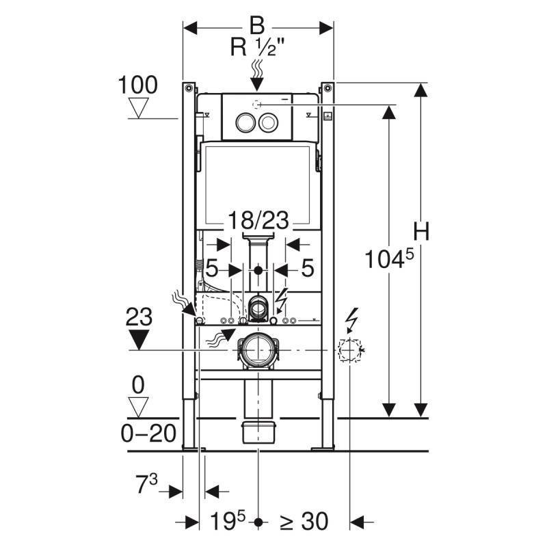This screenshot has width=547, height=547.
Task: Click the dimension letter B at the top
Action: [257, 26]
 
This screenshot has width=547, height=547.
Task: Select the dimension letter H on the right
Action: [422, 232]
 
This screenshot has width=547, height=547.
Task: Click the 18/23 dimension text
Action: [258, 222]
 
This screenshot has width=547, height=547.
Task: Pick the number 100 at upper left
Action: [137, 85]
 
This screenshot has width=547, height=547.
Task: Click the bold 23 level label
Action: [140, 317]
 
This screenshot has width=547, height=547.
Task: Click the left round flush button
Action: [244, 122]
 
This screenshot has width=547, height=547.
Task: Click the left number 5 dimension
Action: [211, 268]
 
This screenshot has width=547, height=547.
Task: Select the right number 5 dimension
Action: [307, 268]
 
